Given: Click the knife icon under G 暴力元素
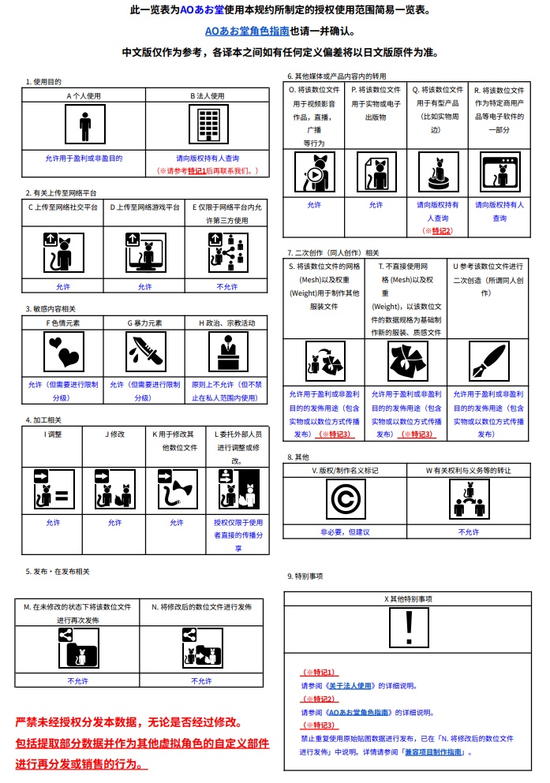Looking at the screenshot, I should (145, 351).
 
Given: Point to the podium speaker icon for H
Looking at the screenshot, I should (227, 351).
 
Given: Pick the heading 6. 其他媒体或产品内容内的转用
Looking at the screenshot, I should (336, 76).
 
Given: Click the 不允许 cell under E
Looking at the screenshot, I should (226, 287).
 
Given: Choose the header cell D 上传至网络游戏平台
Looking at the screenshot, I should (144, 208).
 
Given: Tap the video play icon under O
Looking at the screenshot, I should (315, 173).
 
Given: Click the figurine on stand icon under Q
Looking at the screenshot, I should (436, 173).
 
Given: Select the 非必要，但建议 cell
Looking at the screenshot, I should (345, 532).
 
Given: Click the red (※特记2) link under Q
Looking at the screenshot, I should (436, 230).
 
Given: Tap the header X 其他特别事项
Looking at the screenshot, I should (408, 598).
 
